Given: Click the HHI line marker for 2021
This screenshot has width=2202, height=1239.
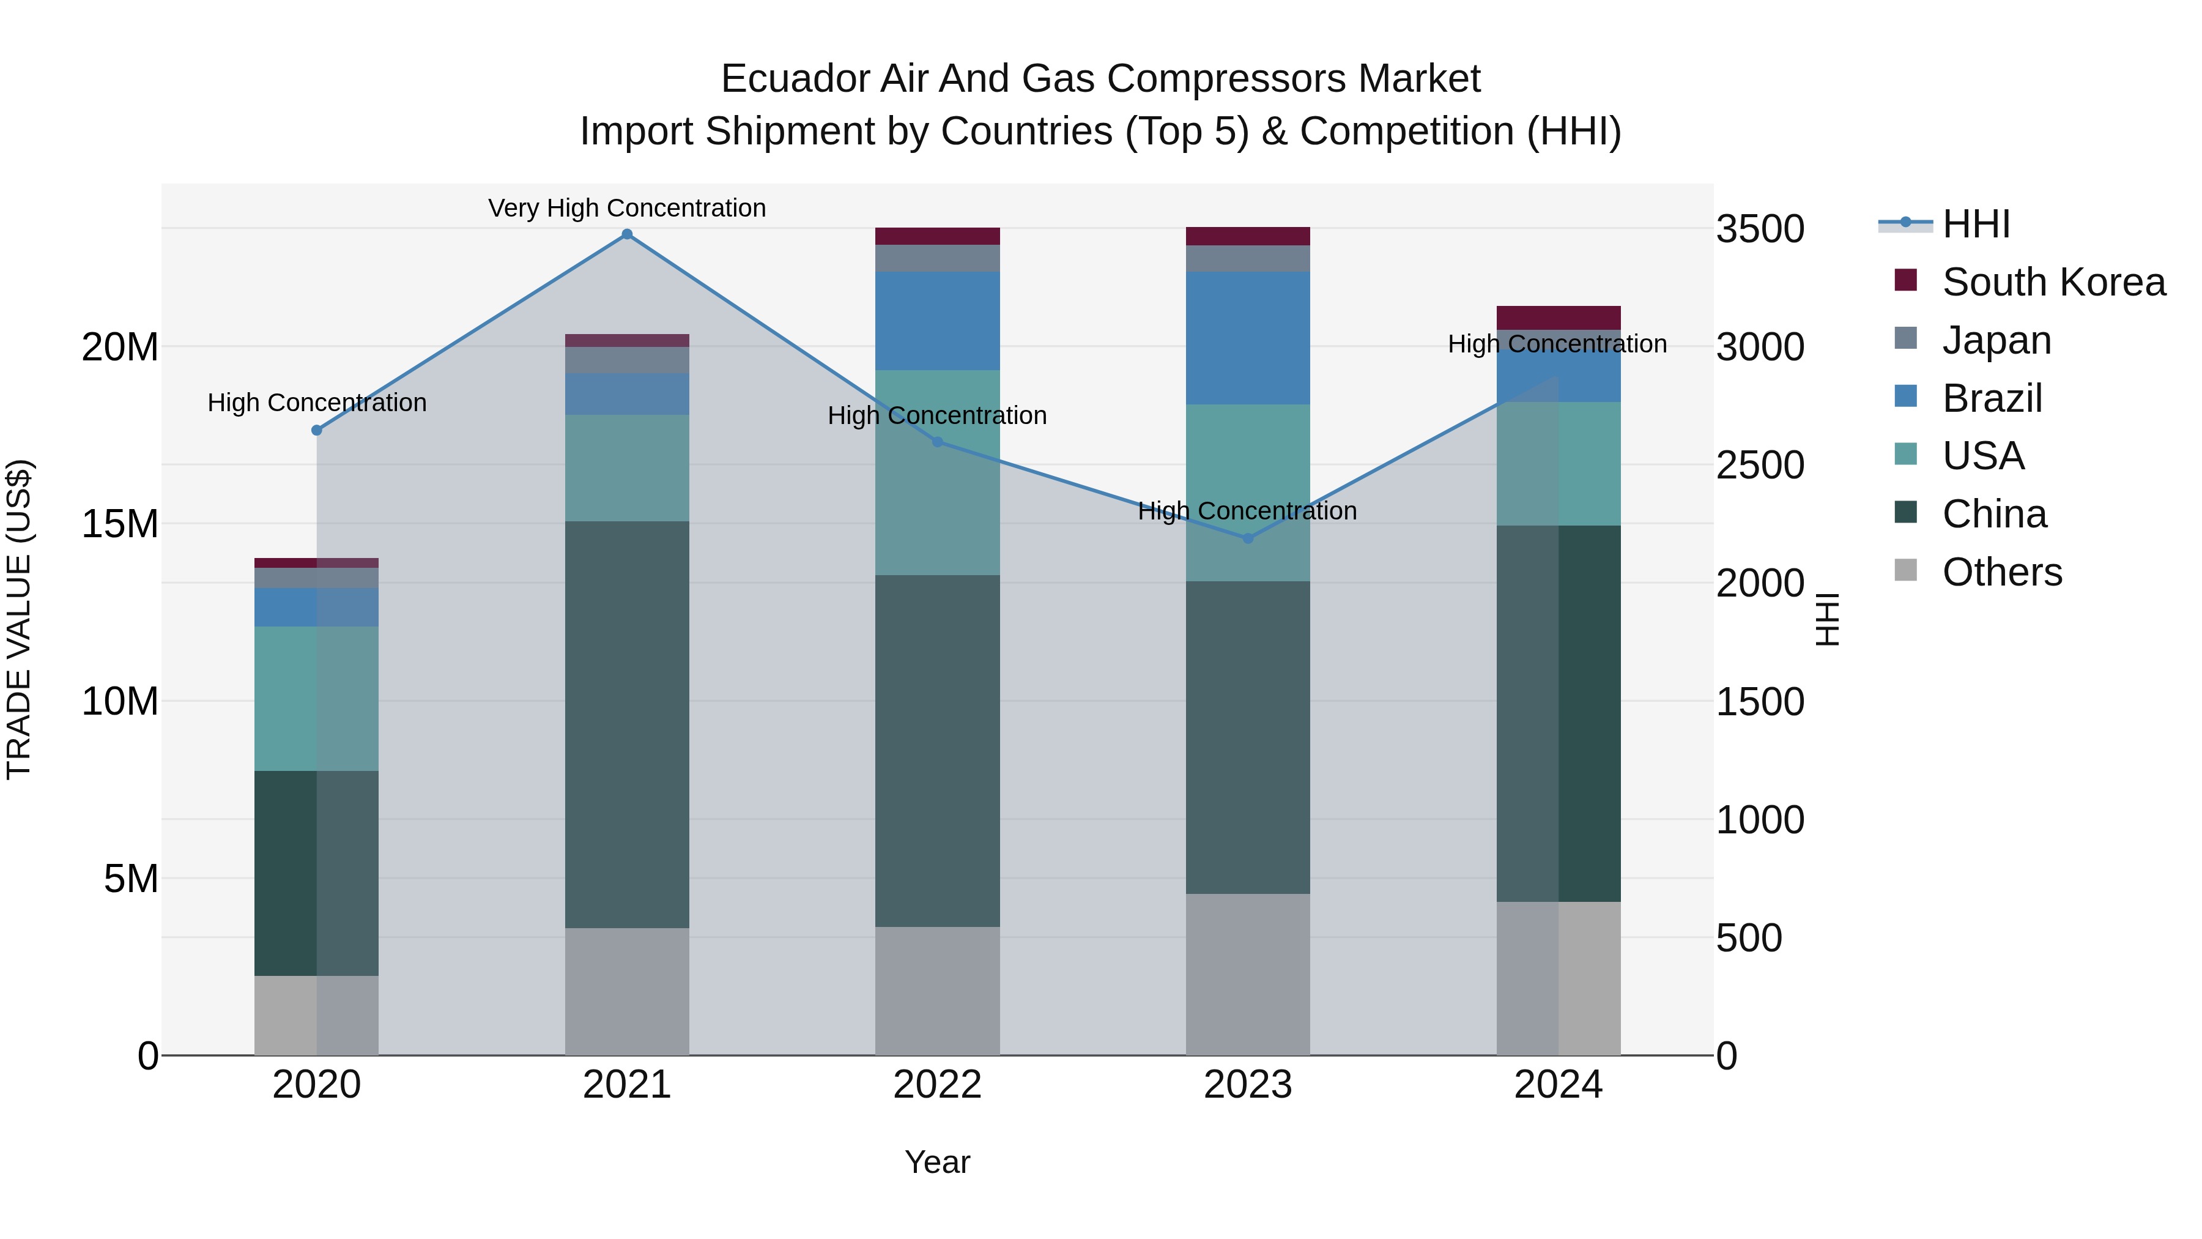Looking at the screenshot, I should click(x=626, y=234).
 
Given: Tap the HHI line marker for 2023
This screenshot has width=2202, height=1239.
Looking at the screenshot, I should click(x=1247, y=538).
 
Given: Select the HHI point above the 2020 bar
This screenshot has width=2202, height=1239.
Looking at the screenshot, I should click(x=316, y=430).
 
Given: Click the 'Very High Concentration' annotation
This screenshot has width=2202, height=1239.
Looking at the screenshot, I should click(x=626, y=208).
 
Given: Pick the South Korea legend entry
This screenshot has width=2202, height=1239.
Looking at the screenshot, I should click(x=2052, y=282).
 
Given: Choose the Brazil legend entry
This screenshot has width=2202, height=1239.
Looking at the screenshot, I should click(x=1992, y=398).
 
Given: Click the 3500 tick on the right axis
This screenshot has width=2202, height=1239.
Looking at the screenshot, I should click(x=1759, y=229).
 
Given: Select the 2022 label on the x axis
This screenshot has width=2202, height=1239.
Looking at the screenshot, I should click(x=937, y=1085).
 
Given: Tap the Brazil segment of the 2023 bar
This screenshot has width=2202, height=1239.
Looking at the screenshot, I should click(x=1247, y=338).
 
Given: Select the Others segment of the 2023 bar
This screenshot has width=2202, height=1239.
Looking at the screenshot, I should click(x=1247, y=975).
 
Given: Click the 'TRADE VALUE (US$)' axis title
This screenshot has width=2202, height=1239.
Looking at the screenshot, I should click(x=19, y=619).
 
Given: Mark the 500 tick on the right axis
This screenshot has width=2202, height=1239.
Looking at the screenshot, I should click(x=1748, y=938).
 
